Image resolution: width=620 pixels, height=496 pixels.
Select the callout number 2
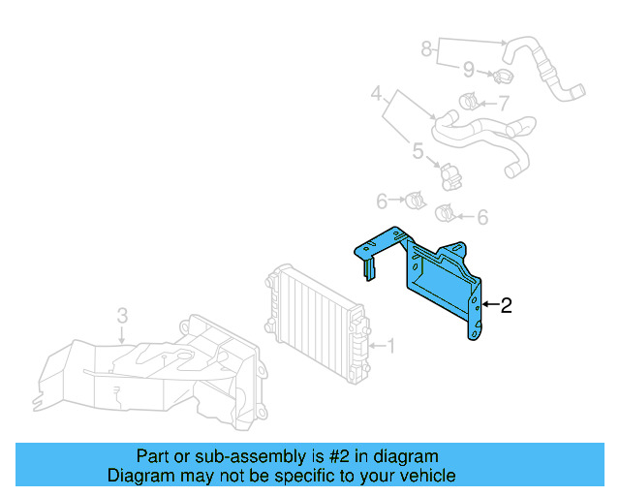(x=506, y=306)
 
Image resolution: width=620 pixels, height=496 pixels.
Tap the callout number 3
(x=122, y=316)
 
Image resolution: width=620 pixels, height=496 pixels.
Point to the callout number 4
(x=377, y=94)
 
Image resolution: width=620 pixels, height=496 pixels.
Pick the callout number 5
(x=418, y=150)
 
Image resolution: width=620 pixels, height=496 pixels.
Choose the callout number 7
(x=504, y=103)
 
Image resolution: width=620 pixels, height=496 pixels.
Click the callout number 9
(x=468, y=69)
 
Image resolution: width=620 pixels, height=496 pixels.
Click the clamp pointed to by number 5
(x=449, y=175)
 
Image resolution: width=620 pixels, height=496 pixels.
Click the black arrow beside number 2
(x=489, y=306)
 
